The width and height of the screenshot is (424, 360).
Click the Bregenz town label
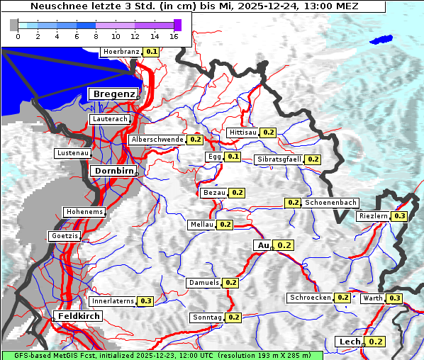point(113,94)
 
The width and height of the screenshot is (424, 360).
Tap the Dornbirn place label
point(112,171)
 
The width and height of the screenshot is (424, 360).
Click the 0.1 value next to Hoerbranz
point(152,52)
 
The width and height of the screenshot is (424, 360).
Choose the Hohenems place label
point(84,212)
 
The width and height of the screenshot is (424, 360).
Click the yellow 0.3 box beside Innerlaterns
point(145,301)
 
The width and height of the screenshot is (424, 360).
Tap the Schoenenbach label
point(330,203)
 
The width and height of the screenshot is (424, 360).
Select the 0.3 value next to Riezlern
point(400,216)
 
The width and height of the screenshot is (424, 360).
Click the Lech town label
point(350,342)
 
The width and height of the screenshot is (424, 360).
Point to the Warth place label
point(372,298)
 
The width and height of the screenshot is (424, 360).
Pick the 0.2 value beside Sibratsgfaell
point(313,159)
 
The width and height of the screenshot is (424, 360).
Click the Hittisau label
point(243,133)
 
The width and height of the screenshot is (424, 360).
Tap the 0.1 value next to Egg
point(233,157)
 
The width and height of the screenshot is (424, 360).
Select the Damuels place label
point(204,283)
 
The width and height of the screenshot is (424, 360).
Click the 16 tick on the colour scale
point(174,36)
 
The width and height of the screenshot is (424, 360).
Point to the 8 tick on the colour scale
point(96,36)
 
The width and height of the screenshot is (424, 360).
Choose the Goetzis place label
point(65,235)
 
